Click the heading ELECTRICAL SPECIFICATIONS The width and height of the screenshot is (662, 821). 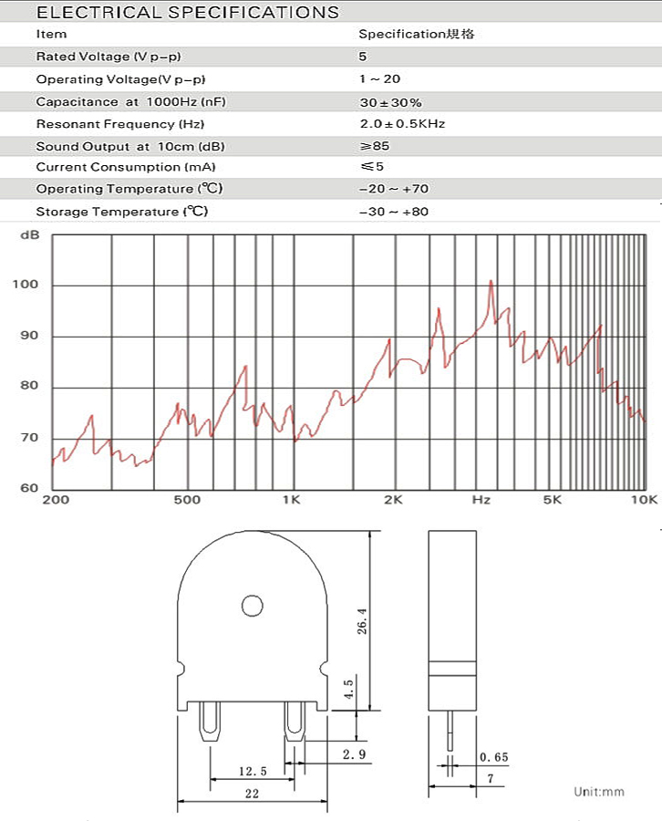click(187, 13)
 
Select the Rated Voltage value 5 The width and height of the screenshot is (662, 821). click(363, 57)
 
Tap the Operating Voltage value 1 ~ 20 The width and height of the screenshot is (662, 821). click(380, 79)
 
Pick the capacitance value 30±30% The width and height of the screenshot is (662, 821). click(390, 102)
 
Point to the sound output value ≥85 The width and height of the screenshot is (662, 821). click(374, 146)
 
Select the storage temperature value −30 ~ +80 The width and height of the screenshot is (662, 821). click(394, 212)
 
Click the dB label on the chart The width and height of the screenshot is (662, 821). click(29, 235)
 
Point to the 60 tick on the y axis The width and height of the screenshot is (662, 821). click(29, 488)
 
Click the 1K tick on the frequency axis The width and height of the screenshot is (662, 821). click(291, 500)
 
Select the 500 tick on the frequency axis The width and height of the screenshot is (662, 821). click(186, 500)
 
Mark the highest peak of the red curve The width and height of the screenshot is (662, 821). click(491, 281)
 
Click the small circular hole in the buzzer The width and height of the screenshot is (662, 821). click(252, 604)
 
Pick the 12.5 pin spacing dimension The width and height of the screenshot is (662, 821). click(252, 772)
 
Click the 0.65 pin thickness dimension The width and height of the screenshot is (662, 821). click(493, 757)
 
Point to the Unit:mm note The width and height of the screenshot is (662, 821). click(599, 791)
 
